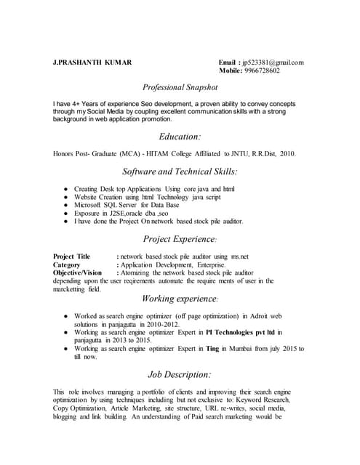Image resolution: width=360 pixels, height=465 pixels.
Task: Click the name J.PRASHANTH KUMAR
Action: point(92,62)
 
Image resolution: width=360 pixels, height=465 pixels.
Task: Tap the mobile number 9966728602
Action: point(265,70)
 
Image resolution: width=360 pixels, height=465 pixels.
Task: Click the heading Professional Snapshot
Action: point(180,86)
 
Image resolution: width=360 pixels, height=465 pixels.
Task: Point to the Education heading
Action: point(180,137)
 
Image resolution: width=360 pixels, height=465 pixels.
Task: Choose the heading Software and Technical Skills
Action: point(180,171)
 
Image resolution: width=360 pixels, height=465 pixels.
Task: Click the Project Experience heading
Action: point(180,238)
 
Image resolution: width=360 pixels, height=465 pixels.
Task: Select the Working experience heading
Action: point(180,299)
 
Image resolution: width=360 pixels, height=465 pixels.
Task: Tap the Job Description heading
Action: point(180,374)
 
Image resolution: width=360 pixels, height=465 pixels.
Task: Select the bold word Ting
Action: point(213,348)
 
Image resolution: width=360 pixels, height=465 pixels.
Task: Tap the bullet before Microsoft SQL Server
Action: point(65,205)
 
